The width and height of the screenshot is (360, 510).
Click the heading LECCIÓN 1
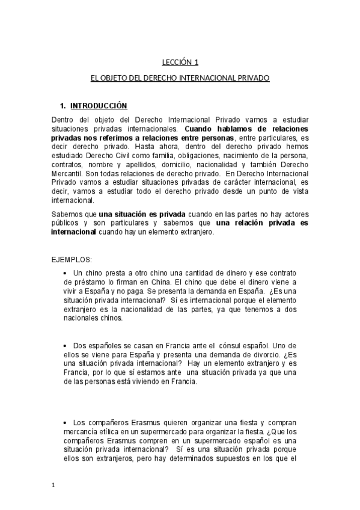(x=180, y=62)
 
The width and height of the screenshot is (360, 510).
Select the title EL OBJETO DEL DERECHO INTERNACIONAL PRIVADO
(x=180, y=78)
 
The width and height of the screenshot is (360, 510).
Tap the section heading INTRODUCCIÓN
(x=99, y=106)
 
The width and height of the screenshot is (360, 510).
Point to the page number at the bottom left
(x=53, y=486)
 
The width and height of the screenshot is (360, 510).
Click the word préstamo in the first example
(x=77, y=281)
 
